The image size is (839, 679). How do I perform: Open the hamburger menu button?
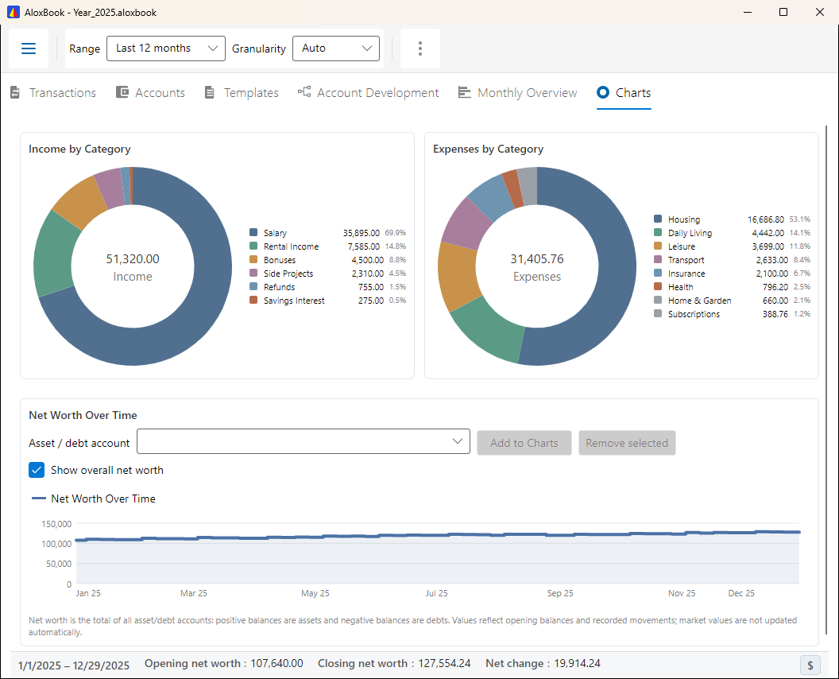tap(29, 48)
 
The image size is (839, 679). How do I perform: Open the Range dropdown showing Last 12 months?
tap(166, 48)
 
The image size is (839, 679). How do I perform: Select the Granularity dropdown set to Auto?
tap(336, 48)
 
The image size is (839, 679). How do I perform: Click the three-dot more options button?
tap(420, 48)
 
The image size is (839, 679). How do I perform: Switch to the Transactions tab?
tap(53, 93)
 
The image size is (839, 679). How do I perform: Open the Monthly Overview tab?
tap(517, 93)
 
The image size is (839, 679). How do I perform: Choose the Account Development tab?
tap(368, 93)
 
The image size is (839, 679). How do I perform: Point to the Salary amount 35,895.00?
tap(362, 233)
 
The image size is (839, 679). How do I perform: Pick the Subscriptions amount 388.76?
tap(775, 314)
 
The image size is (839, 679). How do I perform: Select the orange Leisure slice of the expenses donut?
tap(458, 276)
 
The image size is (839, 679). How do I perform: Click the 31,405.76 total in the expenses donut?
tap(536, 259)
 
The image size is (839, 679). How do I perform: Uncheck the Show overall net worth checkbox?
tap(37, 470)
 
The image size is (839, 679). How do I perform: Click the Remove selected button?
tap(627, 443)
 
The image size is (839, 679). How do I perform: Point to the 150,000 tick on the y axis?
tap(56, 524)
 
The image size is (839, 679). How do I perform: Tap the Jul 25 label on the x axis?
tap(437, 593)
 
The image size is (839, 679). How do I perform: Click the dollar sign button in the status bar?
tap(810, 665)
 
